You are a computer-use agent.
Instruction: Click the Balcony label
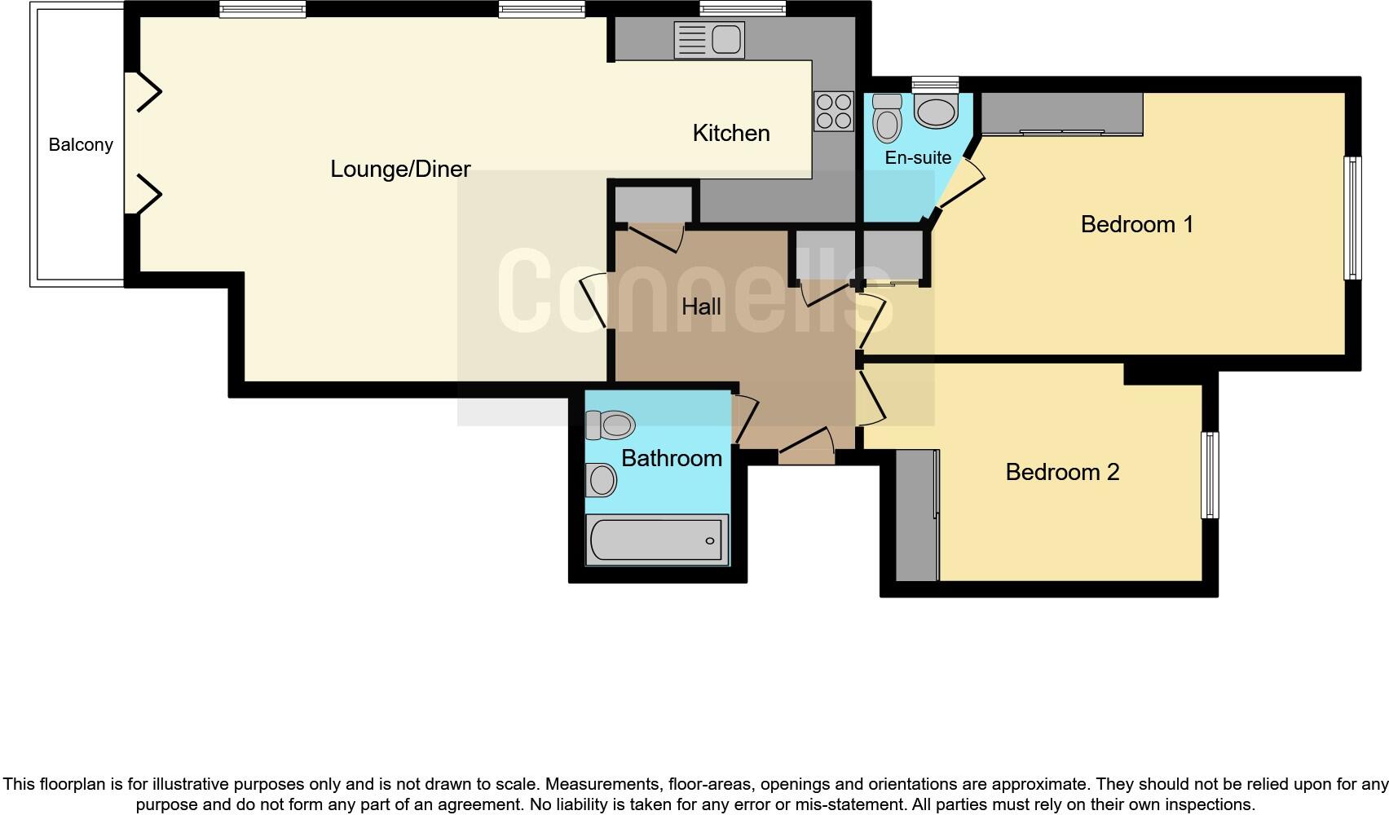(81, 145)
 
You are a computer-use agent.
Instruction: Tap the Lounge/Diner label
(400, 169)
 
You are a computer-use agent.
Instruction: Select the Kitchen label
(730, 133)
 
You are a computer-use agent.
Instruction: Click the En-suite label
(918, 157)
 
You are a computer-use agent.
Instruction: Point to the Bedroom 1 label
(1136, 224)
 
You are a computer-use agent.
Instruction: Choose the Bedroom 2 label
(1062, 472)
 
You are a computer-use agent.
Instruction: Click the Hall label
(701, 306)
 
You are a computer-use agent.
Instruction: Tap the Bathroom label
(671, 458)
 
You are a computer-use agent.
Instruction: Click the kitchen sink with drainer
(709, 40)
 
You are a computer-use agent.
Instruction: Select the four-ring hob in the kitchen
(833, 112)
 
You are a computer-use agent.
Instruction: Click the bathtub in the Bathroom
(656, 540)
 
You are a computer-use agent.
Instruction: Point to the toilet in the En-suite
(887, 120)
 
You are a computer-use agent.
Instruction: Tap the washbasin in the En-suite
(935, 112)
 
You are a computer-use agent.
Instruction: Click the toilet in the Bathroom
(610, 425)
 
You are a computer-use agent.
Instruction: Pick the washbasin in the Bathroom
(602, 480)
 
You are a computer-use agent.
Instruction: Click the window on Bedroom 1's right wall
(1352, 218)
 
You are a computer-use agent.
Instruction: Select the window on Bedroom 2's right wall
(1210, 475)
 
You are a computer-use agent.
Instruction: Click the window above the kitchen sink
(742, 9)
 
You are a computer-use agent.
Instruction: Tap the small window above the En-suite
(935, 83)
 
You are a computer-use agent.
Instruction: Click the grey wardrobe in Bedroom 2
(917, 515)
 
